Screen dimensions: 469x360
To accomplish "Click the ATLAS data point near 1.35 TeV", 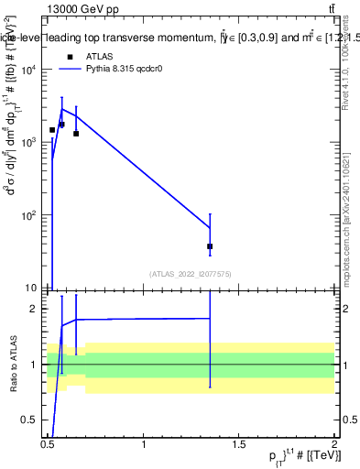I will [x=210, y=246].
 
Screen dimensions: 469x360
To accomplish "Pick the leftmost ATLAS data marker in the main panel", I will [x=52, y=130].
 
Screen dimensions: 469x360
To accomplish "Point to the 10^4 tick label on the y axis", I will [x=30, y=71].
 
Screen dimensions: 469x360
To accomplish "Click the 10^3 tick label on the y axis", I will [x=30, y=143].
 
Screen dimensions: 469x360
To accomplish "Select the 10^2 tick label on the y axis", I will [x=30, y=215].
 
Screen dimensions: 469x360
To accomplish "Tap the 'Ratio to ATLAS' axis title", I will [x=12, y=364].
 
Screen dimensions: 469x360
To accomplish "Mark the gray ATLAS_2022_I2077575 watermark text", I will [x=190, y=273].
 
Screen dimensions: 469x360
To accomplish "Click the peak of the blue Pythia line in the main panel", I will [x=61, y=109].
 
